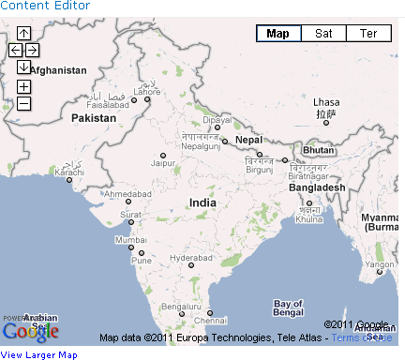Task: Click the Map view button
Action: pos(278,34)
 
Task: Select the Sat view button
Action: pos(323,34)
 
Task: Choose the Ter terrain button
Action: pos(368,34)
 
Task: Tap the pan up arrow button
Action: pos(23,34)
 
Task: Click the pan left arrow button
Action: pos(15,49)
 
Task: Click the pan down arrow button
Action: pos(23,66)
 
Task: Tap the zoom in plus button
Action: pos(23,86)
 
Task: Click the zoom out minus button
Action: pos(23,103)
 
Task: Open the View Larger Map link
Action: pos(39,354)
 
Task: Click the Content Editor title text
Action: pos(45,6)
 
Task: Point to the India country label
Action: pos(202,202)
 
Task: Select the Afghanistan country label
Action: pos(58,70)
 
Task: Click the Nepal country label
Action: pos(248,140)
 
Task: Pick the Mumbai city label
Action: pos(129,240)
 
